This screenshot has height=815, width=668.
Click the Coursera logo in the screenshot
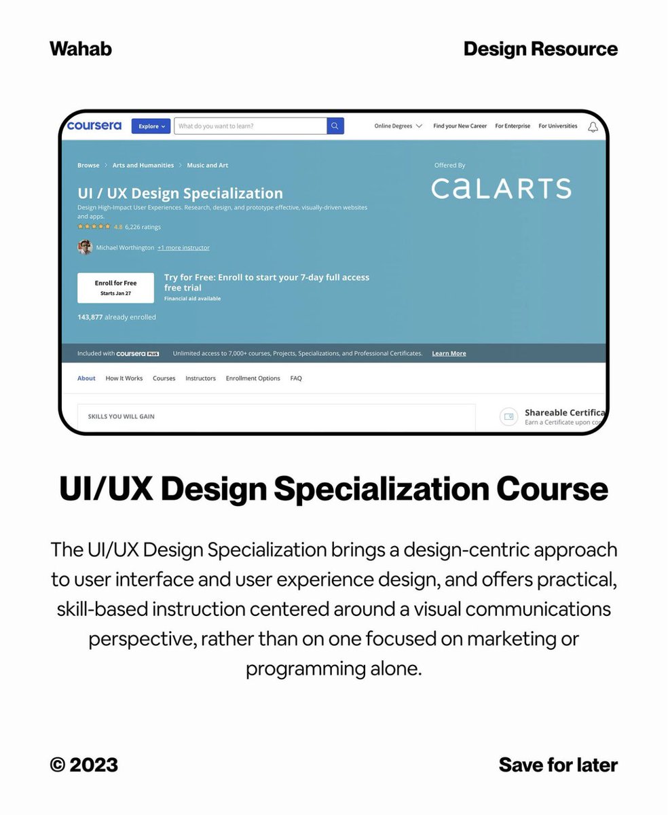(x=94, y=126)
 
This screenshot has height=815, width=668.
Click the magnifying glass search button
(x=335, y=126)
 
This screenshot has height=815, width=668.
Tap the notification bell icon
(x=593, y=127)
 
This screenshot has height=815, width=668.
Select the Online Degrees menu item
(x=398, y=126)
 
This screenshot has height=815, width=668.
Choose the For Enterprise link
(x=513, y=126)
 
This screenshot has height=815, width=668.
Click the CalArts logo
(x=501, y=188)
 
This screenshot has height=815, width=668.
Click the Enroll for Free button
(x=115, y=287)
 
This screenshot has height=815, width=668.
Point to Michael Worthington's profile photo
(x=85, y=247)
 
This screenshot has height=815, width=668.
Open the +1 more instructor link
(x=183, y=248)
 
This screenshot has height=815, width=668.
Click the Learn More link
(x=449, y=353)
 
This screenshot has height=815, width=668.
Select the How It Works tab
(x=124, y=378)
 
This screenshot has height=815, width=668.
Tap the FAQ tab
(x=296, y=378)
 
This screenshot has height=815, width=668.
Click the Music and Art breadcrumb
(x=208, y=165)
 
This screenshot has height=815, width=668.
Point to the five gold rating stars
(x=94, y=227)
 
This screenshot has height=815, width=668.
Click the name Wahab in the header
(x=81, y=49)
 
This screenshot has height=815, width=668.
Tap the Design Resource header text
(x=540, y=49)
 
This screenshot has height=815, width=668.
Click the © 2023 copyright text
(x=84, y=765)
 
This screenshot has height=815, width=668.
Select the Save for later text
(x=558, y=765)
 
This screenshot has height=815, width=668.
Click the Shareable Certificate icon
(x=508, y=416)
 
